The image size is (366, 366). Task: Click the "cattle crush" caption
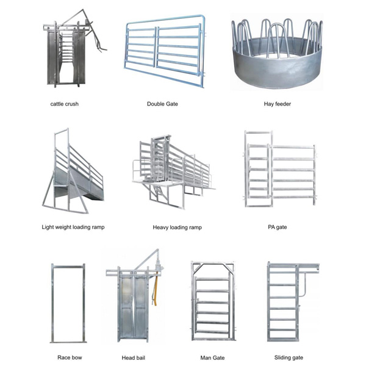click(x=65, y=104)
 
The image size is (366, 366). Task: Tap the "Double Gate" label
click(x=162, y=104)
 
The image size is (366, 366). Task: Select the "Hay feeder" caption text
click(x=278, y=104)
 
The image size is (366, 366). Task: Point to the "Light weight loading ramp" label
click(x=73, y=227)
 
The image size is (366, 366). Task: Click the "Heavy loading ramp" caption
click(x=177, y=228)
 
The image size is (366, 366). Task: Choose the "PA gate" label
click(x=278, y=227)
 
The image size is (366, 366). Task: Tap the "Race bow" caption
click(x=70, y=357)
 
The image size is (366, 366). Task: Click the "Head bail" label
click(x=133, y=357)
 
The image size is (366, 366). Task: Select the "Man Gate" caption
click(x=212, y=357)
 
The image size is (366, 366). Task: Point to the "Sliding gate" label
click(x=289, y=357)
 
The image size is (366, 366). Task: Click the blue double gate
click(x=165, y=51)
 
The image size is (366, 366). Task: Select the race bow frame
click(x=52, y=303)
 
